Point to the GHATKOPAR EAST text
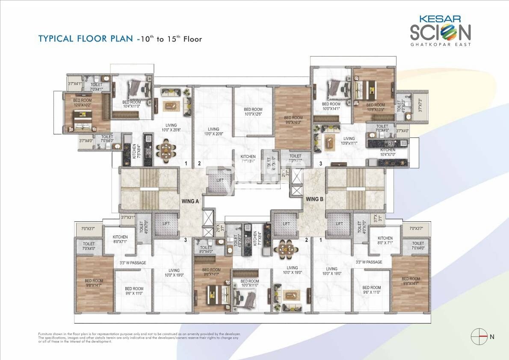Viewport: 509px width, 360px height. pyautogui.click(x=440, y=44)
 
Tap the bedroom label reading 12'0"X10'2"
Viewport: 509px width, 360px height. pyautogui.click(x=83, y=103)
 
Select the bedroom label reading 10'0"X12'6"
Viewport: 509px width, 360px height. pyautogui.click(x=253, y=112)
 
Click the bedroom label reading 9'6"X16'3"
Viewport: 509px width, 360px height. pyautogui.click(x=293, y=120)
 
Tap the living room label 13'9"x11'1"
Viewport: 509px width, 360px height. pyautogui.click(x=349, y=141)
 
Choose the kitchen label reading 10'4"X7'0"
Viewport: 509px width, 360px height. pyautogui.click(x=388, y=152)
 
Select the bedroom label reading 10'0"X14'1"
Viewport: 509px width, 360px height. pyautogui.click(x=331, y=106)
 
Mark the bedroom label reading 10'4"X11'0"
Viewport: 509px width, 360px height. pyautogui.click(x=132, y=104)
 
